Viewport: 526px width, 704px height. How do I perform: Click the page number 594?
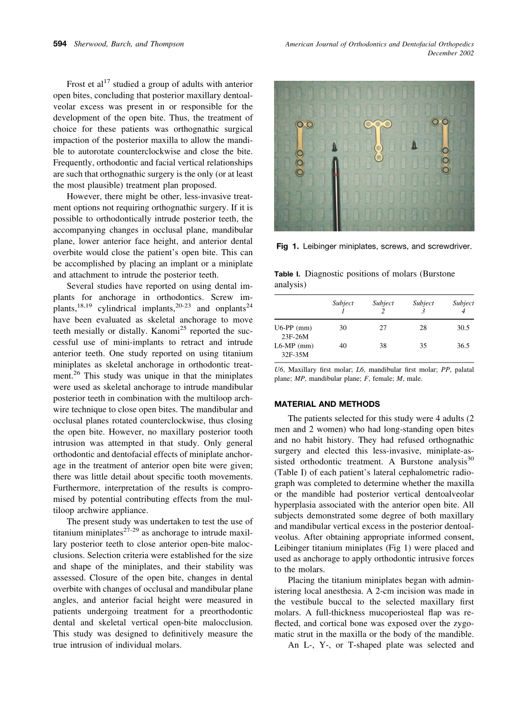[x=60, y=44]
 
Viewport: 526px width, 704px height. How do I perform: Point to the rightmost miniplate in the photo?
[x=444, y=144]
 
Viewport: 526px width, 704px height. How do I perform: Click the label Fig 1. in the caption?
[x=286, y=246]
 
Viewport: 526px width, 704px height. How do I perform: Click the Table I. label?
[x=287, y=274]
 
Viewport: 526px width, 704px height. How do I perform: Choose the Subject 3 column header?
[x=423, y=307]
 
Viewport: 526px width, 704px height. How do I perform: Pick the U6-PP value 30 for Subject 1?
[x=343, y=328]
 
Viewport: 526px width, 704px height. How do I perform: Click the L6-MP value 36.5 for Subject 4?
[x=463, y=346]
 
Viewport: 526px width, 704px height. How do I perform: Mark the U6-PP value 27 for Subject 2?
[x=383, y=328]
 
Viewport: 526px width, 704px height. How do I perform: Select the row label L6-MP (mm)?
[x=293, y=346]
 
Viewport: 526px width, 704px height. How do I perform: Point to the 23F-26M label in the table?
[x=295, y=337]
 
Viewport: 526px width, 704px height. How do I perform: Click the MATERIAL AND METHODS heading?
[x=327, y=404]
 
